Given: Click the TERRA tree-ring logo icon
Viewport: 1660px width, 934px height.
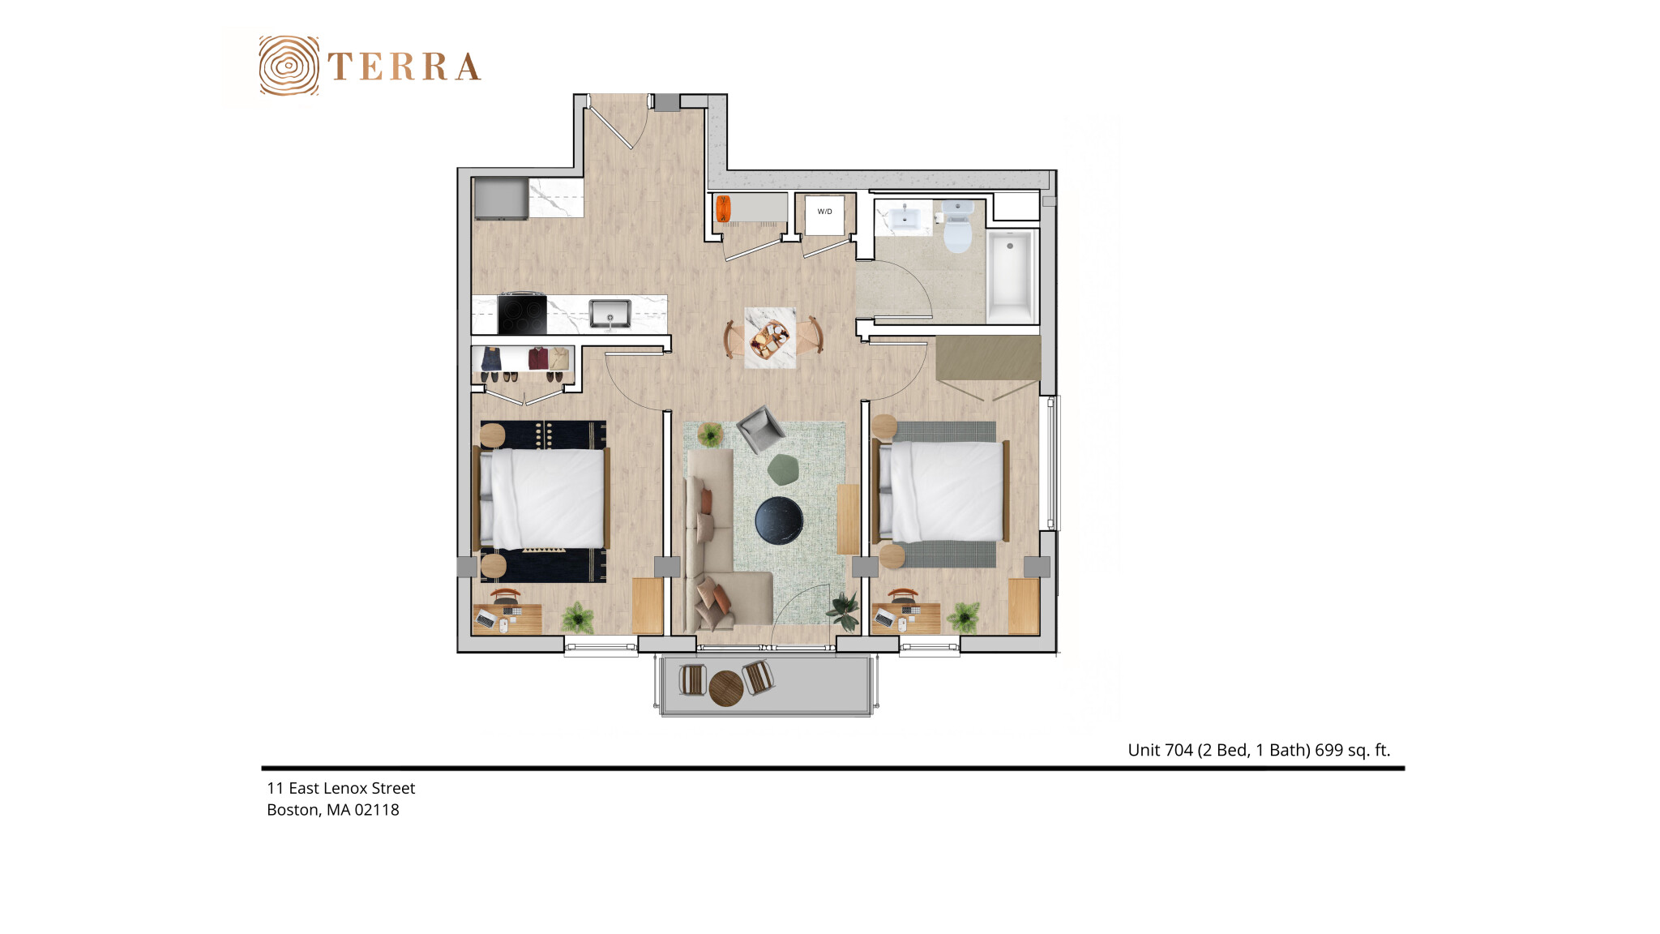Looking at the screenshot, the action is pyautogui.click(x=289, y=66).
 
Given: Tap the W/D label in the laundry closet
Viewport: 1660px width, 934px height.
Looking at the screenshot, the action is pyautogui.click(x=824, y=212).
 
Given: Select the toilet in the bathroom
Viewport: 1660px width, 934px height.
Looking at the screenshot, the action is pyautogui.click(x=957, y=227).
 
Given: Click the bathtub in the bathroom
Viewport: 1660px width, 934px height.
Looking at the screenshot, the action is pyautogui.click(x=1010, y=276).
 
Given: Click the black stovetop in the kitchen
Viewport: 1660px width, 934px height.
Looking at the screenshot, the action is pyautogui.click(x=522, y=314).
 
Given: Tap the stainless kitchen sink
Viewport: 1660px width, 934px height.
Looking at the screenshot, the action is pyautogui.click(x=610, y=313).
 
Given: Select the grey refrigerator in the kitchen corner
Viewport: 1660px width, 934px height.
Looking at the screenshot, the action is pyautogui.click(x=501, y=199).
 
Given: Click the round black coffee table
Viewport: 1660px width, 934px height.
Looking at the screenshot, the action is pyautogui.click(x=779, y=520).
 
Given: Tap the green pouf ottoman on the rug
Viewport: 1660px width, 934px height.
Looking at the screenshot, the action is pyautogui.click(x=783, y=469).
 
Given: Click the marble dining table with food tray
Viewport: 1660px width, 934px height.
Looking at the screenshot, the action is pyautogui.click(x=770, y=338).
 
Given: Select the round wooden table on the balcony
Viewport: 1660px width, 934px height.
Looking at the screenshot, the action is pyautogui.click(x=726, y=688).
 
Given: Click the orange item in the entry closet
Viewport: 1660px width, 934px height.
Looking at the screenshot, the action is pyautogui.click(x=723, y=208).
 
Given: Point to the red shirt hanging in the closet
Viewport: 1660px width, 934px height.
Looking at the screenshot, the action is pyautogui.click(x=538, y=358).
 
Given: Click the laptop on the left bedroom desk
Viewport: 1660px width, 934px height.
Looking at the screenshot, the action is pyautogui.click(x=486, y=619).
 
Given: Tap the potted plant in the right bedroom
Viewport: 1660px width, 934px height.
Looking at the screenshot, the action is pyautogui.click(x=965, y=617).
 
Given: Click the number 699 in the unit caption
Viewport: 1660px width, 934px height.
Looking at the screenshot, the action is pyautogui.click(x=1328, y=750).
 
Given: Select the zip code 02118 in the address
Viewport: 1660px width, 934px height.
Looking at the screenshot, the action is pyautogui.click(x=377, y=810).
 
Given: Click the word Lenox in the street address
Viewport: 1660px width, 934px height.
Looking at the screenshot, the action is pyautogui.click(x=349, y=788).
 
